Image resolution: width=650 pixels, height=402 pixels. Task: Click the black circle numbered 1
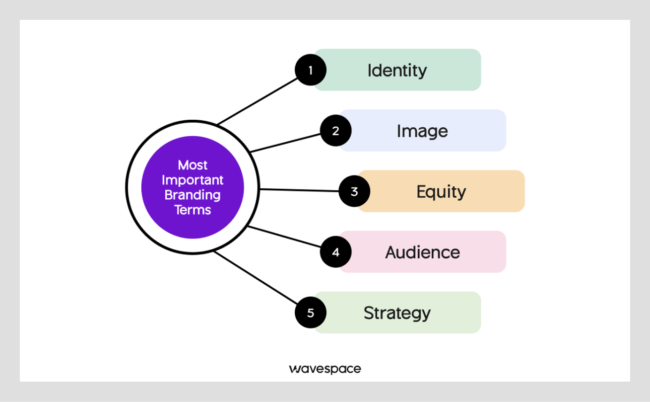(x=311, y=70)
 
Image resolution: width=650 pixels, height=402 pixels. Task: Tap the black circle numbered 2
(x=335, y=131)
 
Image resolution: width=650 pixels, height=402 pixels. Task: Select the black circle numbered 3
(x=354, y=191)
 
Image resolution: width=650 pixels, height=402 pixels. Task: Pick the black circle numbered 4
(x=335, y=252)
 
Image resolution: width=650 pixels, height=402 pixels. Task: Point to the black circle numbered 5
(x=311, y=313)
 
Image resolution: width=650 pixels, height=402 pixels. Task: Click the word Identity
(x=397, y=70)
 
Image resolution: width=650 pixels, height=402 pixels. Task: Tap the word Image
(x=422, y=131)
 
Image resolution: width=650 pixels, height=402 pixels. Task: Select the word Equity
(x=441, y=191)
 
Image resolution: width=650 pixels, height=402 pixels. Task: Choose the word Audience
(x=422, y=252)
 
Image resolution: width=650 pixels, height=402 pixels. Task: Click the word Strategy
(x=397, y=313)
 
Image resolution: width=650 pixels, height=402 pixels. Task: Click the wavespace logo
(x=325, y=369)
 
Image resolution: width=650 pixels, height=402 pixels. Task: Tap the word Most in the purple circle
(x=193, y=165)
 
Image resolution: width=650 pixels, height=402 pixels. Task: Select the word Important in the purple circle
(x=193, y=180)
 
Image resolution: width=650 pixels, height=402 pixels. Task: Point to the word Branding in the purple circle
(x=193, y=195)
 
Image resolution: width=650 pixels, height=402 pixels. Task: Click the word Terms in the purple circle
(x=193, y=210)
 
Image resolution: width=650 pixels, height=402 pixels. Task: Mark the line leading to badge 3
(x=299, y=190)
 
